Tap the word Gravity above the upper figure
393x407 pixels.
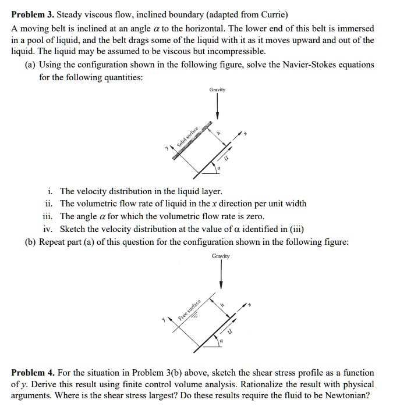pos(217,90)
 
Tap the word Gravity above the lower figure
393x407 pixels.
pos(221,256)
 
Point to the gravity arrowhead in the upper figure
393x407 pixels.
pos(217,115)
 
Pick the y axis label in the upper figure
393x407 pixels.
pos(166,148)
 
